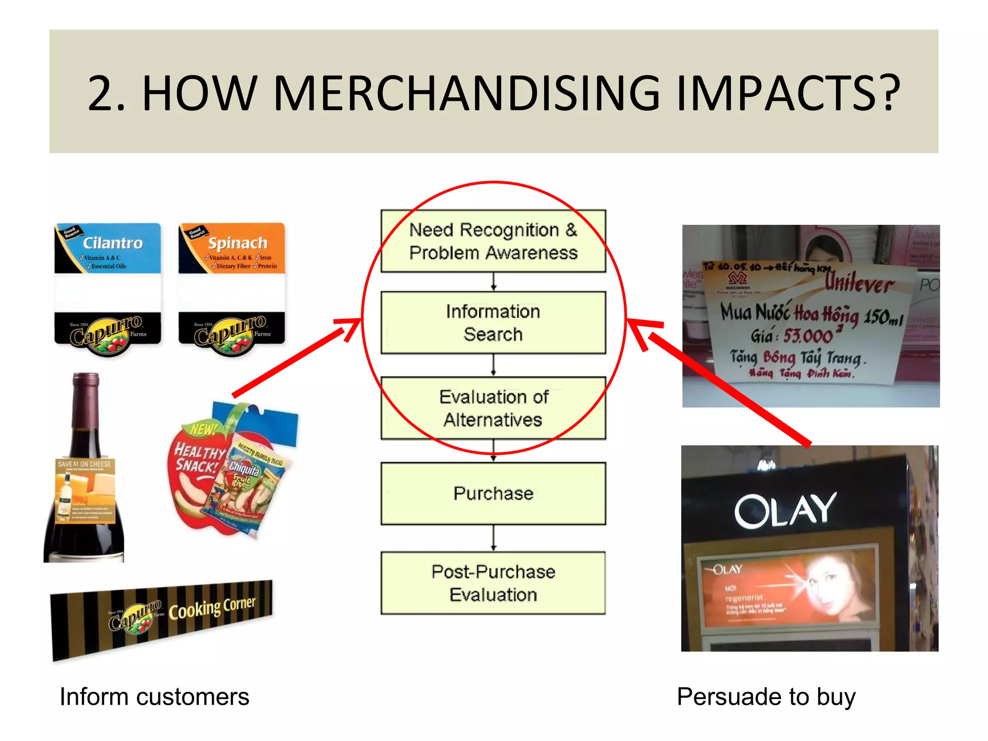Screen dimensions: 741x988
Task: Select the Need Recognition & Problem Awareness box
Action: tap(493, 241)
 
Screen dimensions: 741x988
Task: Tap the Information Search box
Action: tap(493, 323)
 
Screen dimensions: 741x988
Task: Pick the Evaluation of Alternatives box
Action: tap(493, 408)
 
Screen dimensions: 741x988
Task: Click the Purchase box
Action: tap(493, 494)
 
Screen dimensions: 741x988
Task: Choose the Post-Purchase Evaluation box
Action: tap(493, 583)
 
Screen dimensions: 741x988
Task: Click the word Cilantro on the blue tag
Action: tap(113, 243)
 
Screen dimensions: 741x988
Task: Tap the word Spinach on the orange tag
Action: tap(237, 243)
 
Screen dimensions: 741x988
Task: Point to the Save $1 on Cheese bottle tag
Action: tap(85, 491)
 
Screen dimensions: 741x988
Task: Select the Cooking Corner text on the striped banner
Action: tap(212, 609)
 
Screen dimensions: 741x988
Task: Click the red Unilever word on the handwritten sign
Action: tap(859, 284)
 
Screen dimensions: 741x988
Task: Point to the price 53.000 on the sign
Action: tap(808, 335)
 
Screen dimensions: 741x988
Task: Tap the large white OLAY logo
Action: tap(785, 510)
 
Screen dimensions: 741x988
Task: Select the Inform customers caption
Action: tap(154, 697)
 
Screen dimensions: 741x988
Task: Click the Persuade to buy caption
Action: tap(766, 697)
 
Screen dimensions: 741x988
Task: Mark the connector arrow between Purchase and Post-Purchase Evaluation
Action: tap(493, 538)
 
